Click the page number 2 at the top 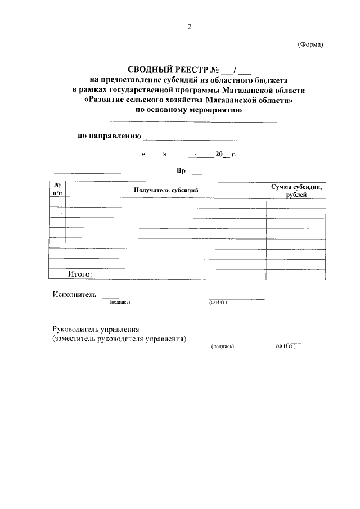[190, 26]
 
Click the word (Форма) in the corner [310, 46]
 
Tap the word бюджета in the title [268, 80]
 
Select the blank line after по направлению [221, 138]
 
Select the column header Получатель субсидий [166, 190]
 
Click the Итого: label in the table [79, 274]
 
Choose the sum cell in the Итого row [296, 274]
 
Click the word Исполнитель [74, 294]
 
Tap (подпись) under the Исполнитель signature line [120, 303]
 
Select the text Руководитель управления [96, 330]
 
